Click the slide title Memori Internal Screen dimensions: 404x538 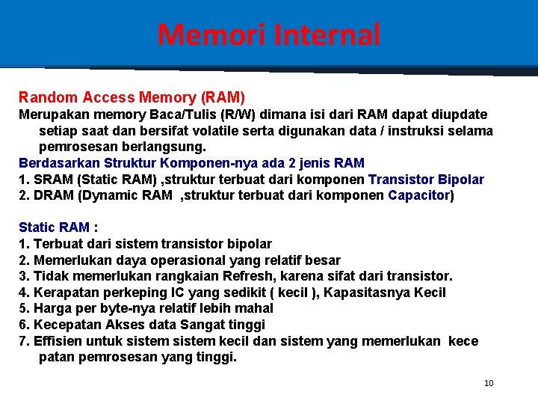[269, 34]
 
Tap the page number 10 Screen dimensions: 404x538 [489, 384]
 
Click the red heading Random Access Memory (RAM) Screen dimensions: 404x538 [132, 97]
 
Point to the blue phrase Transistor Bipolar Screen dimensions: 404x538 [426, 180]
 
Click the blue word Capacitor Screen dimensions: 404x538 [419, 195]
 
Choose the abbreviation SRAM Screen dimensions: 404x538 [50, 180]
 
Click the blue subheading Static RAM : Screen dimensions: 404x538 [58, 227]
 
